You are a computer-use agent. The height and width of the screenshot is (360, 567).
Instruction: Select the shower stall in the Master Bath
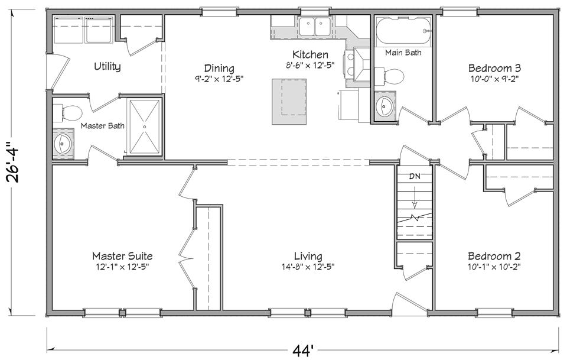click(x=145, y=125)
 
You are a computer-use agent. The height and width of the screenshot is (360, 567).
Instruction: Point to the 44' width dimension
click(x=302, y=350)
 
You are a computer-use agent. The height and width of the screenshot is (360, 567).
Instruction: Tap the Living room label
click(x=308, y=257)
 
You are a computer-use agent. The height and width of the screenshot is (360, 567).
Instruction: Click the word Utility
click(x=107, y=67)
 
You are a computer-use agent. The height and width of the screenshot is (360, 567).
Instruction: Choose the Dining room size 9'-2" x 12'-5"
click(x=219, y=79)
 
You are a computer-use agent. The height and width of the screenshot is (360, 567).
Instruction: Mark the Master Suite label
click(x=122, y=256)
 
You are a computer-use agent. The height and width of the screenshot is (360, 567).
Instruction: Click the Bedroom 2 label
click(x=494, y=256)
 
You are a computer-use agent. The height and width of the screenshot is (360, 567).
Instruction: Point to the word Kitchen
click(x=311, y=55)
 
